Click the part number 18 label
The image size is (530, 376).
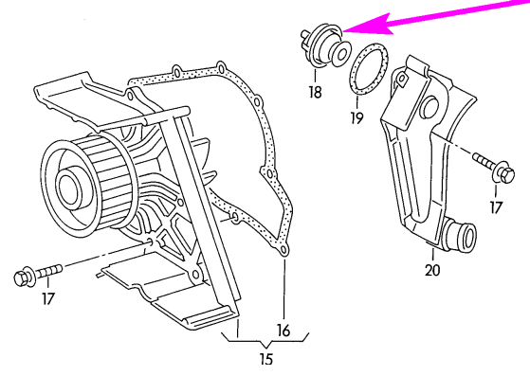(x=315, y=91)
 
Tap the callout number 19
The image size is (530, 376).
(x=356, y=117)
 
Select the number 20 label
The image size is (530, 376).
(x=432, y=270)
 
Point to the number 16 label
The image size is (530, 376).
(x=283, y=331)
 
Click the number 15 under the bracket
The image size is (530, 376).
(x=266, y=359)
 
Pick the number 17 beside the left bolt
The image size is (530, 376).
(x=48, y=298)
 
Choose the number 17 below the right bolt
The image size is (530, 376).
(x=496, y=207)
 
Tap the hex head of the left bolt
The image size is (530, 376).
(x=22, y=278)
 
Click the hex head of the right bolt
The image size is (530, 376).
(x=506, y=174)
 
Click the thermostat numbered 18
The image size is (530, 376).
(x=325, y=46)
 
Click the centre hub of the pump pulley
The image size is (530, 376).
(x=70, y=187)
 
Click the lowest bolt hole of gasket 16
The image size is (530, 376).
(x=284, y=250)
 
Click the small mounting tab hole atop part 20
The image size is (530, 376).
(x=402, y=79)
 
